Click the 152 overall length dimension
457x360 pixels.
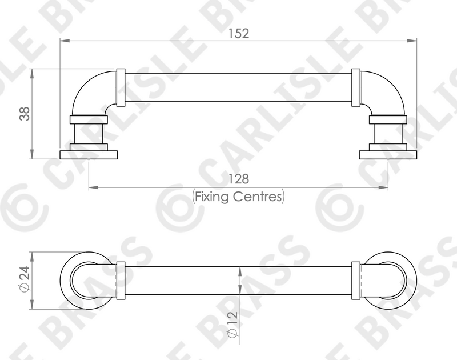point(238,34)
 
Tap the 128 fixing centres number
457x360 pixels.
point(238,179)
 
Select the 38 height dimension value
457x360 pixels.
point(25,114)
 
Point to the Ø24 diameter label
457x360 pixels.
point(25,278)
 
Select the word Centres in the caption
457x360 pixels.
point(258,197)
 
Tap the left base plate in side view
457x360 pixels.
point(89,155)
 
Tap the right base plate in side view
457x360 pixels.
point(388,155)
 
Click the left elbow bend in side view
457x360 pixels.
point(87,87)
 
